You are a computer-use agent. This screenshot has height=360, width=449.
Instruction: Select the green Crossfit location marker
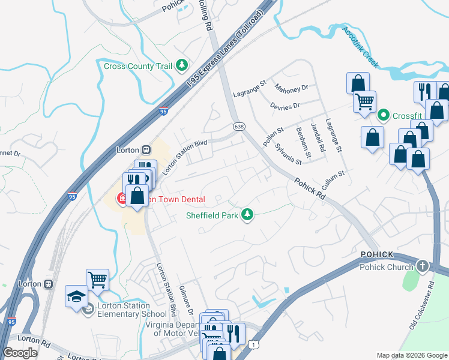coord(384,114)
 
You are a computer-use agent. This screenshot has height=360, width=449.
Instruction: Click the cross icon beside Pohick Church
coord(423,266)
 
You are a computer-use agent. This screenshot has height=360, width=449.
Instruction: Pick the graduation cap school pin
coord(76,296)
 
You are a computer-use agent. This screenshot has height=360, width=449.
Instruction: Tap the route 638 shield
coord(239,126)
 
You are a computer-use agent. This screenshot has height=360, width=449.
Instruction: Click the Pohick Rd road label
coord(310,188)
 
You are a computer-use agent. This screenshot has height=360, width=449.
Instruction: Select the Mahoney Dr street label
coord(291,88)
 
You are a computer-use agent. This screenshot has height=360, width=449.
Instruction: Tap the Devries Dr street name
coord(285,106)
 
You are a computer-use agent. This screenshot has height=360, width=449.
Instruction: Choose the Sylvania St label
coord(288,154)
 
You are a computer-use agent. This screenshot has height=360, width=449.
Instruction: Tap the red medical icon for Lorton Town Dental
coord(121,199)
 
